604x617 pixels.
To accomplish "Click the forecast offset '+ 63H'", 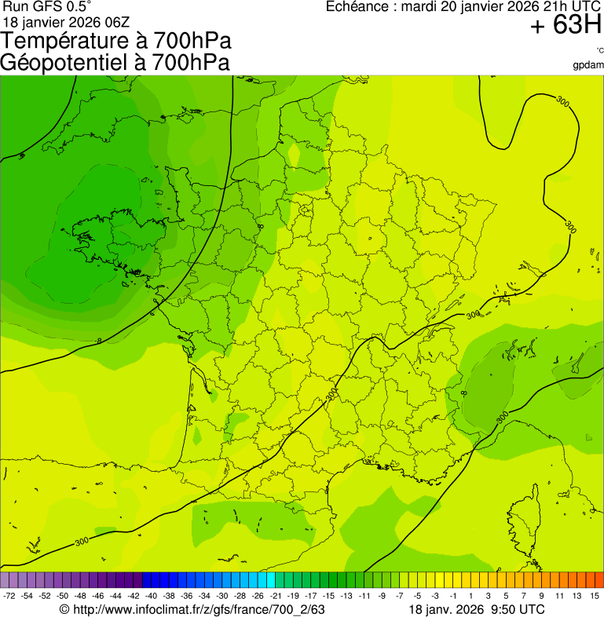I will click(x=566, y=26).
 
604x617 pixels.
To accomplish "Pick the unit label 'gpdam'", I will click(x=588, y=65).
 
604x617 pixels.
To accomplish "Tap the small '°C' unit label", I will click(x=599, y=51).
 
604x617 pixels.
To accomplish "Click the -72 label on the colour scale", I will click(x=9, y=597).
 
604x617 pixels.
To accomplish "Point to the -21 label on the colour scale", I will click(x=276, y=597).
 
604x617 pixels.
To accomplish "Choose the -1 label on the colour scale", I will click(x=453, y=597).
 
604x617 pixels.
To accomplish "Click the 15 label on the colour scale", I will click(x=595, y=597).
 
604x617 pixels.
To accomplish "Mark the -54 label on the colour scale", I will click(x=27, y=597).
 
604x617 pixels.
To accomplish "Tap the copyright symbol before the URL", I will click(x=64, y=609).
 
